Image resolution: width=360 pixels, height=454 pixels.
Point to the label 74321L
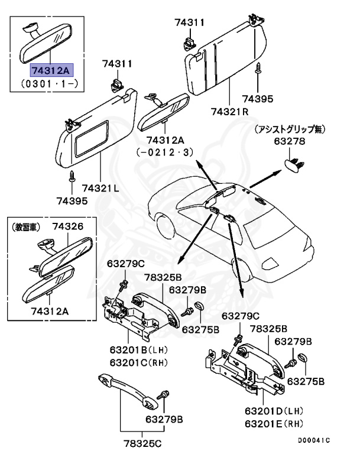(x=100, y=187)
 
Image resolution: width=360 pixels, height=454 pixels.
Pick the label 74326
(x=67, y=226)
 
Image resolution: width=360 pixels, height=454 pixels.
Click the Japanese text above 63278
(x=290, y=129)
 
